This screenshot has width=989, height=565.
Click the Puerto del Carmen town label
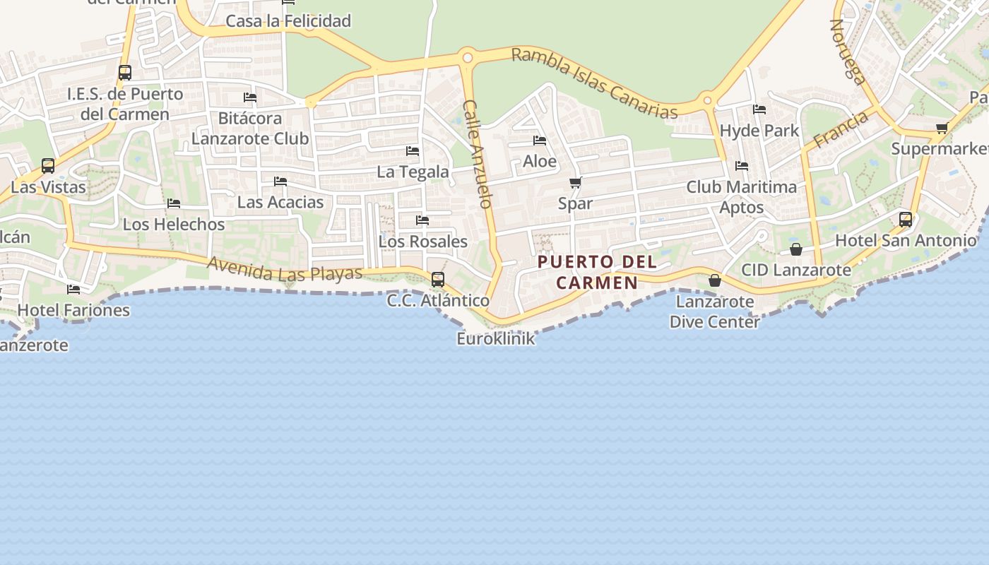(x=597, y=272)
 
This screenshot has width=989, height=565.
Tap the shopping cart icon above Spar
(x=575, y=183)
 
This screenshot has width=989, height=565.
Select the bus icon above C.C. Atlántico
(x=438, y=279)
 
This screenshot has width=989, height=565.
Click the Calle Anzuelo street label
(x=477, y=153)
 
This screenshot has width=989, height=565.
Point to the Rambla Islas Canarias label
(x=594, y=83)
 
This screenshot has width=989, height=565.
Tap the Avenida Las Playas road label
(x=285, y=268)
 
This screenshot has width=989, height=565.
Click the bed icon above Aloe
(x=540, y=141)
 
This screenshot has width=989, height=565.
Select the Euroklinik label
(x=495, y=338)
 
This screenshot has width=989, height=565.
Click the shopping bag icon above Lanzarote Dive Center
(x=715, y=280)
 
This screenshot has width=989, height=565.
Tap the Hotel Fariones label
(x=73, y=309)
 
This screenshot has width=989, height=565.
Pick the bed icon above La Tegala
(x=413, y=151)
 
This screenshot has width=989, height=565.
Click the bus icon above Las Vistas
(x=48, y=166)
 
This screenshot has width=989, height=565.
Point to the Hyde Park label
(x=759, y=131)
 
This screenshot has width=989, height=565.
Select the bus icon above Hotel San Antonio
(x=906, y=220)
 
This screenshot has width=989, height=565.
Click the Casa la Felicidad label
(x=288, y=21)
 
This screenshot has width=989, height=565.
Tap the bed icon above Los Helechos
(x=174, y=203)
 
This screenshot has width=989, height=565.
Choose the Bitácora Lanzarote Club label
(x=250, y=128)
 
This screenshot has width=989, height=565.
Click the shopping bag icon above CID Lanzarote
(x=796, y=249)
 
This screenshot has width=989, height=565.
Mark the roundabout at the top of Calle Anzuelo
(x=466, y=57)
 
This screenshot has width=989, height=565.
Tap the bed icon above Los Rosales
(x=422, y=220)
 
